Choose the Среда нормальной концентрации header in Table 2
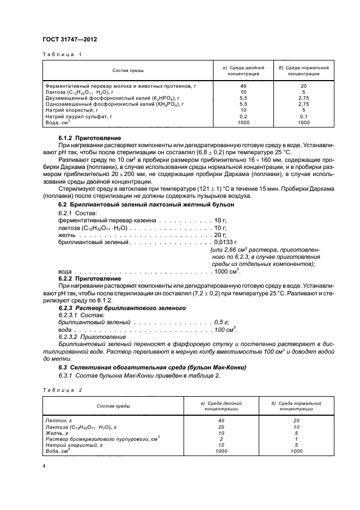coord(296,406)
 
